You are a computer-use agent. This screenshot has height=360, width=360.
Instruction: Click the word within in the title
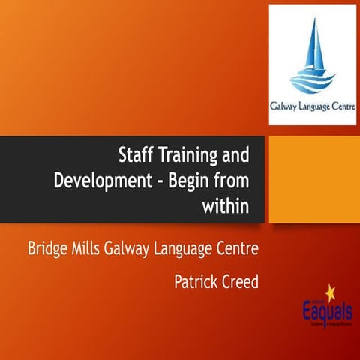[x=225, y=205]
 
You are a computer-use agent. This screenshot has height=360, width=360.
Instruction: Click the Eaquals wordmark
[x=315, y=309]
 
